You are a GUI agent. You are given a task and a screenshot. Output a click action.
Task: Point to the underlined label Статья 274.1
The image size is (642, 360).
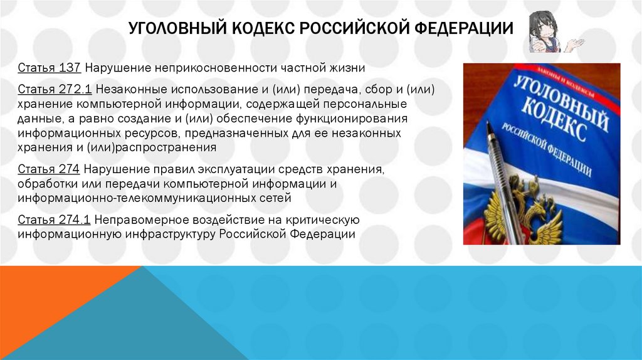(55, 219)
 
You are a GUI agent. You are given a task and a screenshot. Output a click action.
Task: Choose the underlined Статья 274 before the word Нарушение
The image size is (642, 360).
(49, 169)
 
